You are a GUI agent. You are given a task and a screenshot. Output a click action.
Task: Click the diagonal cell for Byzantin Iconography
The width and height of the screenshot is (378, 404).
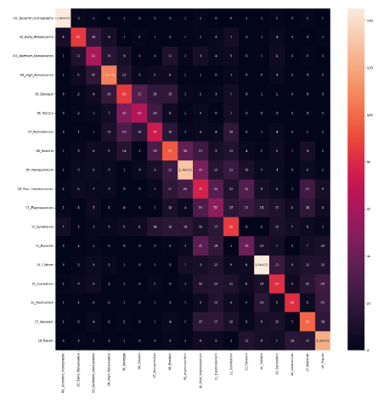(x=63, y=17)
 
